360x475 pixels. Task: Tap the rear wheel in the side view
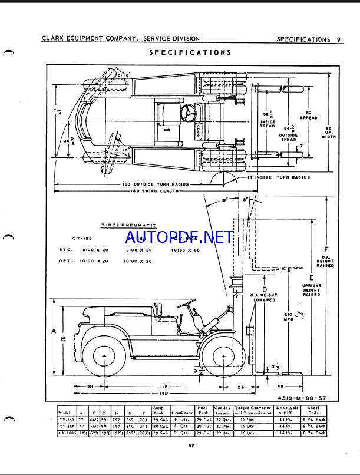(x=104, y=357)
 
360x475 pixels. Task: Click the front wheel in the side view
(x=224, y=356)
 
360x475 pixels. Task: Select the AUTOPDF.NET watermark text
(x=179, y=237)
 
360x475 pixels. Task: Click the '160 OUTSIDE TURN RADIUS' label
(x=156, y=184)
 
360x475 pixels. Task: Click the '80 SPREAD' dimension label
(x=308, y=115)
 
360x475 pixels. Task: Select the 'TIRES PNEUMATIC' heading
(x=128, y=225)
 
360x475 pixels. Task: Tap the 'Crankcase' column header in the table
(x=182, y=411)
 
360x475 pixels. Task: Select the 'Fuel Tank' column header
(x=203, y=410)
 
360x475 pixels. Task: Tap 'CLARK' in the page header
(x=52, y=39)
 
